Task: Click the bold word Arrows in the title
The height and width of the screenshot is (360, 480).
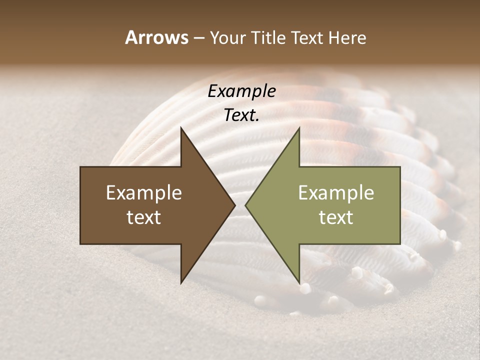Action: [156, 37]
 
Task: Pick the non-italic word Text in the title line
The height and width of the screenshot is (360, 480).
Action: [307, 37]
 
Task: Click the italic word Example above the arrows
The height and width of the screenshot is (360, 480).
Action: [241, 92]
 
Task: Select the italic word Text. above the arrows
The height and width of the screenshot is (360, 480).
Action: [241, 115]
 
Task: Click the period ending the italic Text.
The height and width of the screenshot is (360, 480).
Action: [257, 120]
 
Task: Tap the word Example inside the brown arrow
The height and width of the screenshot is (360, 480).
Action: [144, 193]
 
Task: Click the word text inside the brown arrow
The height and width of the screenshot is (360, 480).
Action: [144, 217]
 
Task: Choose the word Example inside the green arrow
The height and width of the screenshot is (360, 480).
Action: [336, 193]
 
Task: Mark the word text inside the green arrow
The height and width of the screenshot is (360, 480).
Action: [336, 217]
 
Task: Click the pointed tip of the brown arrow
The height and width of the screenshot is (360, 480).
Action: [235, 205]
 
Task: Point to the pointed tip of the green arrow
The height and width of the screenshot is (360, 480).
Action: [245, 205]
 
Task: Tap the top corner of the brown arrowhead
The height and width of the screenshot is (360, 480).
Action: [181, 127]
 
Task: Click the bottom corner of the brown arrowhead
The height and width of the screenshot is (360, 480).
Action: [181, 283]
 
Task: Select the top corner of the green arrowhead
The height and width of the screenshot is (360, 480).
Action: [299, 127]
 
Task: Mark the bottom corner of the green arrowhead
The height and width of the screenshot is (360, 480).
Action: [299, 283]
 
